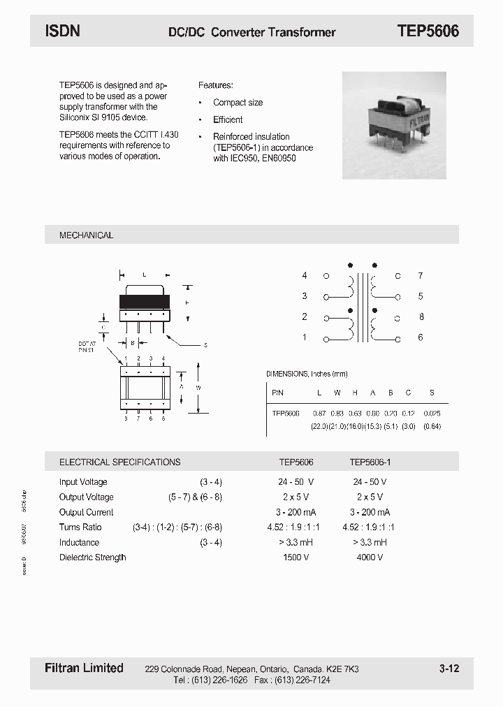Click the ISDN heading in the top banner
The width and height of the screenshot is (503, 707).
click(x=63, y=31)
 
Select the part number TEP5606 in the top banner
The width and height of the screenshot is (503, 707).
click(x=428, y=31)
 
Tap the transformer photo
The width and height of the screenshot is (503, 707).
click(x=394, y=126)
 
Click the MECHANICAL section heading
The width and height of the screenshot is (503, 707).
click(x=86, y=235)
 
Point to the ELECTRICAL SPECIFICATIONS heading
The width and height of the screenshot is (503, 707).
click(x=119, y=462)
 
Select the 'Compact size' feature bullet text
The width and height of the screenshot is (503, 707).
click(x=238, y=103)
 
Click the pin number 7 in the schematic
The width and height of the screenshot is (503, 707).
click(x=421, y=276)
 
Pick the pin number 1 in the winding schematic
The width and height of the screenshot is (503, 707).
click(x=305, y=337)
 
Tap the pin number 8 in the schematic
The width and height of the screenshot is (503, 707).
click(x=421, y=316)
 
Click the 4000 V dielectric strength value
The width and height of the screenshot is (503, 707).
click(x=370, y=557)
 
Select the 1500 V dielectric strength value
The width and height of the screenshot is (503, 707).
click(x=296, y=557)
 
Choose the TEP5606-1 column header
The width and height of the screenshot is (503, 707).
click(x=371, y=462)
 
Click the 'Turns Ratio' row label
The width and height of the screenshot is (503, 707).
click(x=80, y=527)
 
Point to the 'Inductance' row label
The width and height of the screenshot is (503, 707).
click(x=79, y=542)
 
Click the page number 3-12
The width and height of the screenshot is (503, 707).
click(x=449, y=669)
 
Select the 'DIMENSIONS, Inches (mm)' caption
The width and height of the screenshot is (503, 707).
click(x=307, y=374)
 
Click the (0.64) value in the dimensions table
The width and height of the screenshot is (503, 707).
click(x=432, y=426)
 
